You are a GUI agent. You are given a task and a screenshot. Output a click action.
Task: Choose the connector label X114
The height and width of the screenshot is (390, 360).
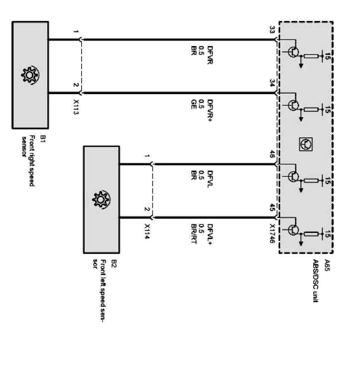coord(147,232)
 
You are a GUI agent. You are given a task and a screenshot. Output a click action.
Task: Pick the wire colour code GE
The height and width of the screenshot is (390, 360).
coord(194,104)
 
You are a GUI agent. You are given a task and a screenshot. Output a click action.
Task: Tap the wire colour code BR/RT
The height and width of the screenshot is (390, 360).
coord(194,234)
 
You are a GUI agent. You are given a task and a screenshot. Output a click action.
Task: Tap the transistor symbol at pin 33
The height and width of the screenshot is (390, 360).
coord(295,52)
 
